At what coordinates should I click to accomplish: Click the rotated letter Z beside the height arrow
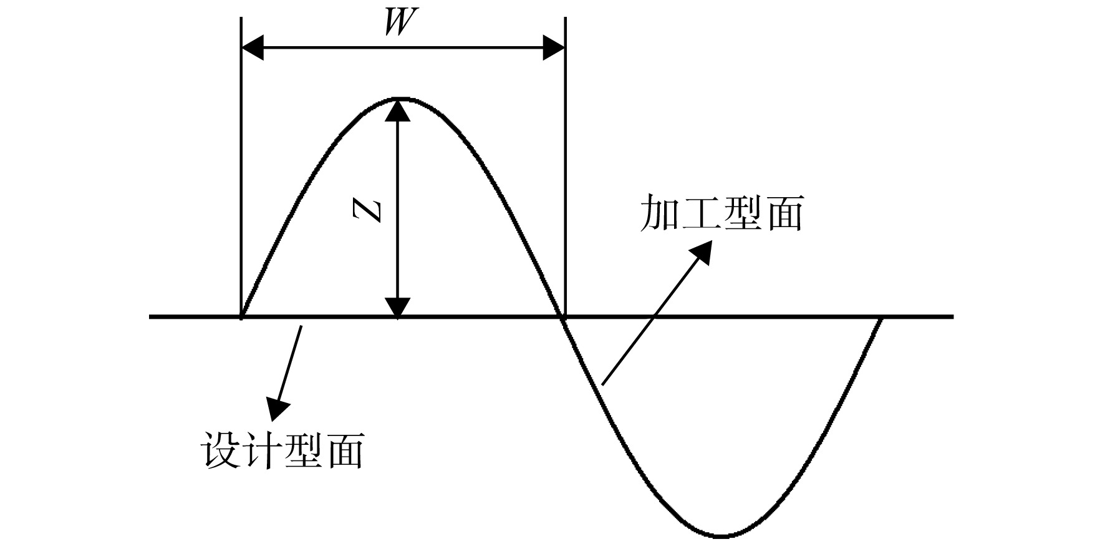pos(366,211)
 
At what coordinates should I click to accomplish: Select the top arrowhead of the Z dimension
pos(398,110)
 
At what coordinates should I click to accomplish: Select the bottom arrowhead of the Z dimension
pos(398,306)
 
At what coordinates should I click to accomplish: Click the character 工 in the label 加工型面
pos(701,214)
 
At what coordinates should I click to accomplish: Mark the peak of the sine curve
pos(398,99)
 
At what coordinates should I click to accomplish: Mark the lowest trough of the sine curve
pos(721,535)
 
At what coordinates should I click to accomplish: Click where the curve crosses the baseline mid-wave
pos(563,317)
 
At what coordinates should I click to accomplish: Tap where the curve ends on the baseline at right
pos(881,318)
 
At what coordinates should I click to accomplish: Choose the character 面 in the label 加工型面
pos(784,214)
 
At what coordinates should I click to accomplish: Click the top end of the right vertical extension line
pos(565,19)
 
